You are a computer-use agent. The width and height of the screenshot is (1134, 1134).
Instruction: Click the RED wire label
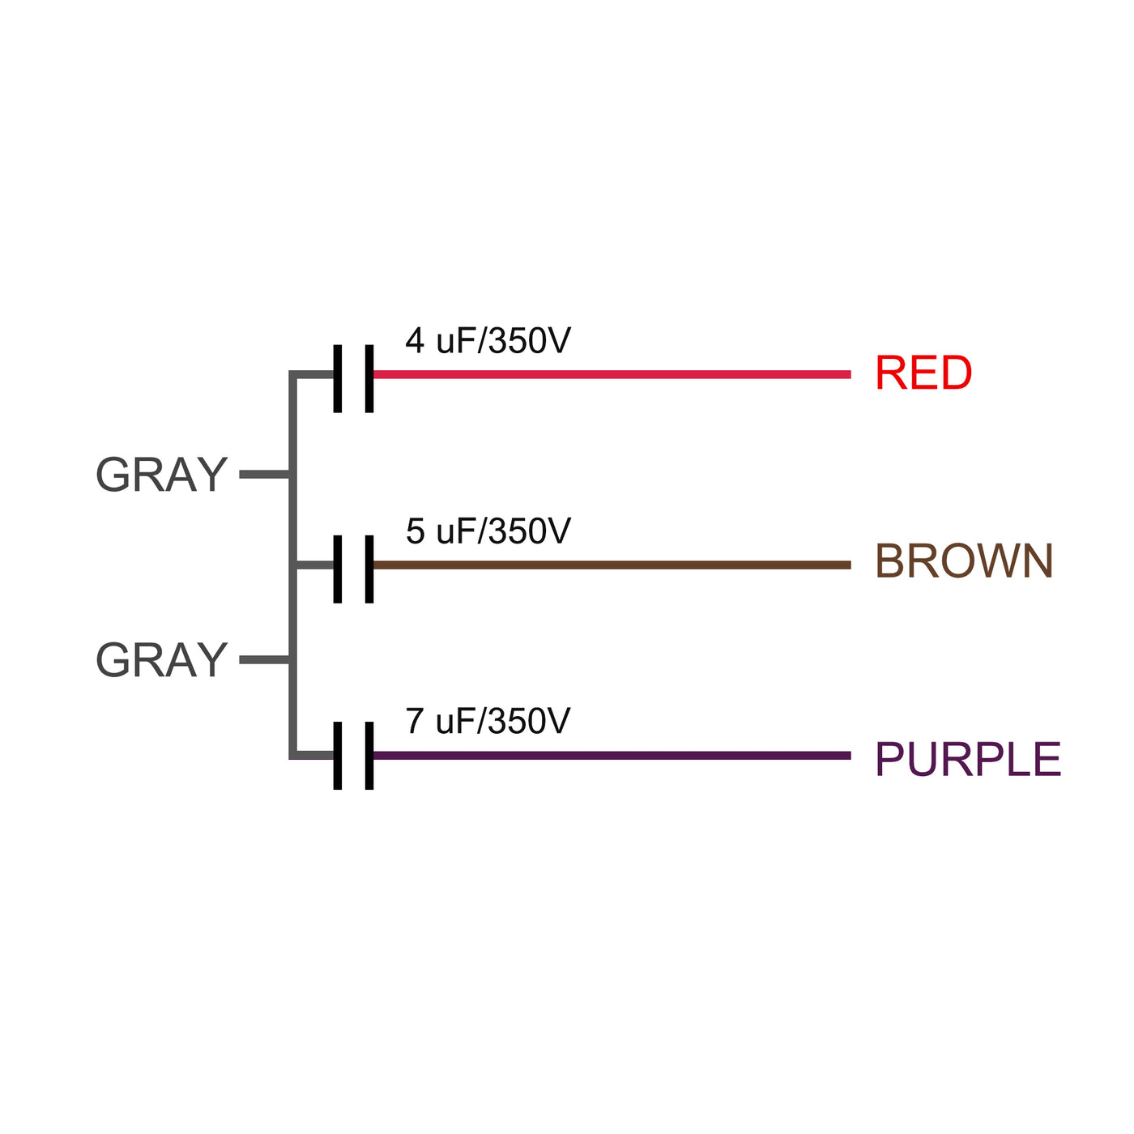click(x=923, y=373)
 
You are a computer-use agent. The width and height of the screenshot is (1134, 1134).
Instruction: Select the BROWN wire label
click(x=964, y=561)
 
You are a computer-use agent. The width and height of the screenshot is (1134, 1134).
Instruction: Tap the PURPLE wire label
click(x=968, y=760)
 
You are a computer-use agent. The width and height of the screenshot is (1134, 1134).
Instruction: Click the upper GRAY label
click(x=161, y=475)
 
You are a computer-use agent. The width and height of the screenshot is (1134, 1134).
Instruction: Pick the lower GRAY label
click(x=161, y=660)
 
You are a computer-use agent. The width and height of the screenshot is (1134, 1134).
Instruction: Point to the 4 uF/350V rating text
click(x=488, y=341)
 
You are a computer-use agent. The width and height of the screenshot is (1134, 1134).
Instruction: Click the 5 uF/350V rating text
click(x=488, y=531)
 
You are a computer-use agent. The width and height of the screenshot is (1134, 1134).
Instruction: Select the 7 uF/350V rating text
click(x=488, y=721)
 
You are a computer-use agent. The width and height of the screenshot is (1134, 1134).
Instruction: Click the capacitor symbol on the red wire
click(x=353, y=378)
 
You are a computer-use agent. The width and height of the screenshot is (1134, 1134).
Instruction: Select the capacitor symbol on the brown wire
click(x=353, y=569)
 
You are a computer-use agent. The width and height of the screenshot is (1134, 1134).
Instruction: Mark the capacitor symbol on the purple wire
click(x=353, y=755)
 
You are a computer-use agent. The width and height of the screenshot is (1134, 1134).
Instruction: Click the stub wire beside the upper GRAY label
click(x=264, y=475)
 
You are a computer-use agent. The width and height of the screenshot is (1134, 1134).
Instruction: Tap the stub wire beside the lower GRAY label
click(x=264, y=660)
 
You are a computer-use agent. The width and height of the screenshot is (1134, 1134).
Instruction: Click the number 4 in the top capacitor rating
click(x=415, y=341)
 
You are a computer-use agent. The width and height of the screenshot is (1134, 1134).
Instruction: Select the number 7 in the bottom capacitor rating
click(x=415, y=721)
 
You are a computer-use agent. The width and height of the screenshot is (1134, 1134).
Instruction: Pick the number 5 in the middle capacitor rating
click(x=415, y=531)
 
